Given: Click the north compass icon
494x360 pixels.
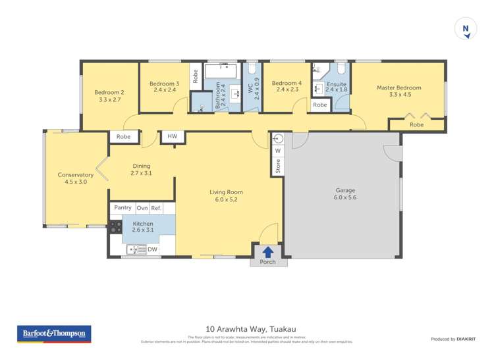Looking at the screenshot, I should point(466,29).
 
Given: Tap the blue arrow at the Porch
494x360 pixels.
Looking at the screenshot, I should point(268,251).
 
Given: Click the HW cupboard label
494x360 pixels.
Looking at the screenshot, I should point(172,136).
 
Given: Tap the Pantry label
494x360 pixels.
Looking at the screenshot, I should point(123,207).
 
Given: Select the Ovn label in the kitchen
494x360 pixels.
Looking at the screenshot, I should point(142,207).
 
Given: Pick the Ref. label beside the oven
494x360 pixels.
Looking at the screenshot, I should point(156,207).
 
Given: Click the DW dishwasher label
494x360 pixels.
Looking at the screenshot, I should point(152,249).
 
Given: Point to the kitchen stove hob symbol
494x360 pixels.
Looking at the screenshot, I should point(115,227).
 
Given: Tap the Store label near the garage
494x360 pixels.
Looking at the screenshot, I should point(278,167).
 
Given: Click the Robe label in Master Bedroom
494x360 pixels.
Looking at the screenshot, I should point(416,124).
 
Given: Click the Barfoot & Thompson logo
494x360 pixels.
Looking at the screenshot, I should point(54,334).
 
